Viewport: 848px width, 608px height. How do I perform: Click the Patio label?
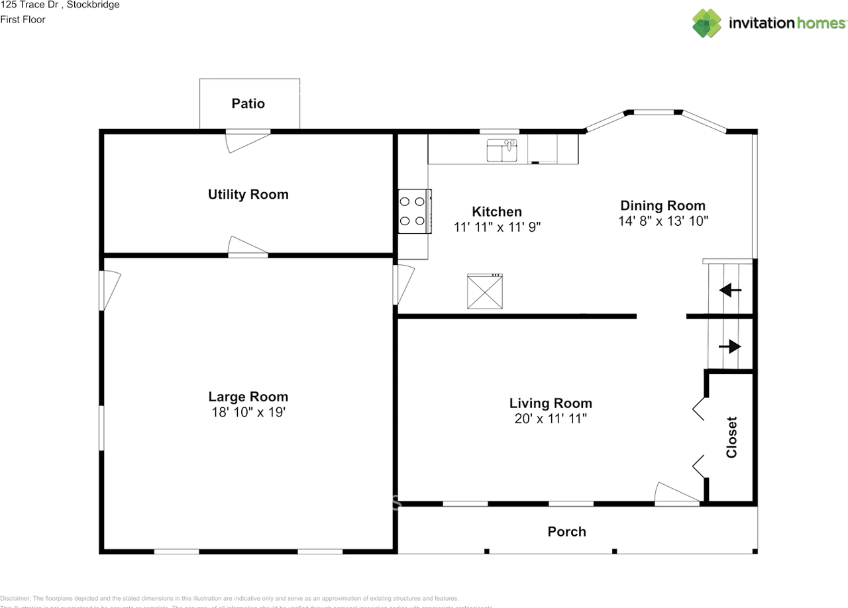pos(248,103)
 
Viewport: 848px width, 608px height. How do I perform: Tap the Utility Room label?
pos(248,194)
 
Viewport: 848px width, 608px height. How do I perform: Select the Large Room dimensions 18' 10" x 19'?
pos(248,412)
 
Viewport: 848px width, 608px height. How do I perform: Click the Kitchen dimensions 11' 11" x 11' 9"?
pos(497,227)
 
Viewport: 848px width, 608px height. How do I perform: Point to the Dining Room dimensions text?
pos(663,221)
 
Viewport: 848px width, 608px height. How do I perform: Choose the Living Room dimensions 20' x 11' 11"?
pos(551,419)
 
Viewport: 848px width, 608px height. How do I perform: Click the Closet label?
pos(731,437)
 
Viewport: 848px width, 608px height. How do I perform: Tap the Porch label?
pos(566,531)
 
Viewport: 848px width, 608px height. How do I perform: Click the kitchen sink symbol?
pos(502,150)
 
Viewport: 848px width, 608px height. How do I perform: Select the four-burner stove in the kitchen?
pos(413,211)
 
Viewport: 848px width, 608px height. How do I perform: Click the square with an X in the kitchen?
pos(484,291)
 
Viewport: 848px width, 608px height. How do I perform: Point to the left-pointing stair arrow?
pos(731,289)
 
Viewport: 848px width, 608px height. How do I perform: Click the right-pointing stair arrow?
pos(730,346)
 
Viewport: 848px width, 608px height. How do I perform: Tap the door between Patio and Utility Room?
pos(246,139)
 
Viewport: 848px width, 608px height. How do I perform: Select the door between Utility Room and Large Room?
pos(248,246)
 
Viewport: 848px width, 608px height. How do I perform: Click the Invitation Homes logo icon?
pos(708,23)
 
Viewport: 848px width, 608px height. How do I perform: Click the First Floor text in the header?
pos(23,19)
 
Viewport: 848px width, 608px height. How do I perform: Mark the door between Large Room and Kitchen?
pos(403,285)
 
